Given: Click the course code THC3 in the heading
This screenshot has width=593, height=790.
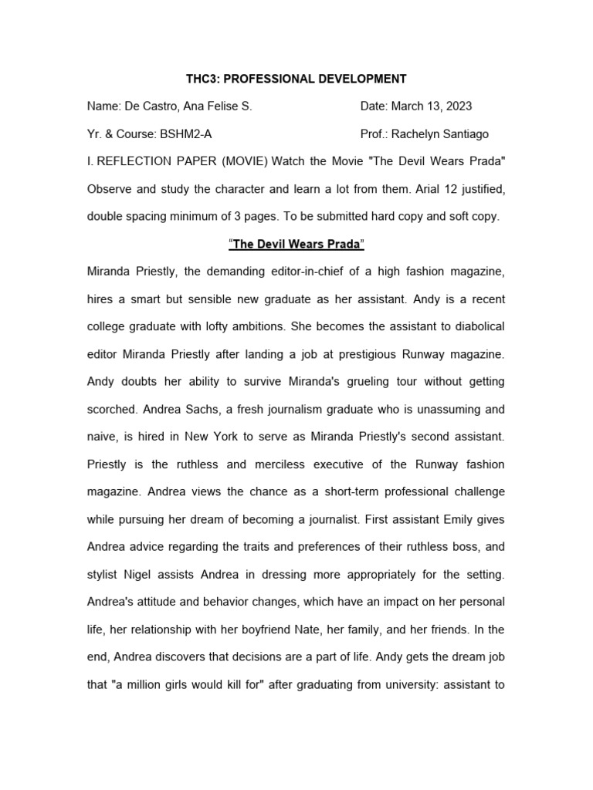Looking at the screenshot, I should click(x=202, y=79).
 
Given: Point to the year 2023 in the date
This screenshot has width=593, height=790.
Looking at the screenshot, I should click(x=456, y=106).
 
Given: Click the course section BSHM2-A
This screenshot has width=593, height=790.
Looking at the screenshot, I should click(x=185, y=134).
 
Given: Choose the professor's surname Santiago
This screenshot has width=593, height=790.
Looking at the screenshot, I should click(x=461, y=134).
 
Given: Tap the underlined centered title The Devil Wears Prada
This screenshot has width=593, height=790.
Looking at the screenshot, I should click(x=297, y=245).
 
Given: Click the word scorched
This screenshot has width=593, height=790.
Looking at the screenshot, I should click(x=112, y=409).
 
